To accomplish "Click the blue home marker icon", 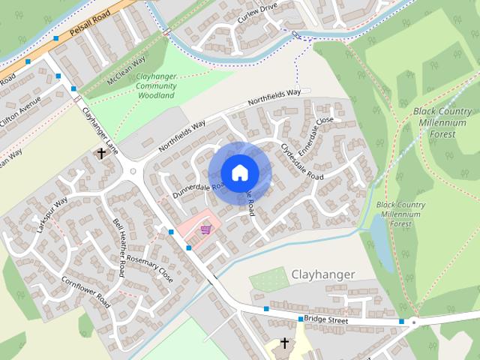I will [239, 172].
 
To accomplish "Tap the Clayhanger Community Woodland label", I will [156, 86].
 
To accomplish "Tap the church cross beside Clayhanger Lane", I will [100, 154].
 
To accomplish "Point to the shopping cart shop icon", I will [205, 229].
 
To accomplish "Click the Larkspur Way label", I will [52, 214].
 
